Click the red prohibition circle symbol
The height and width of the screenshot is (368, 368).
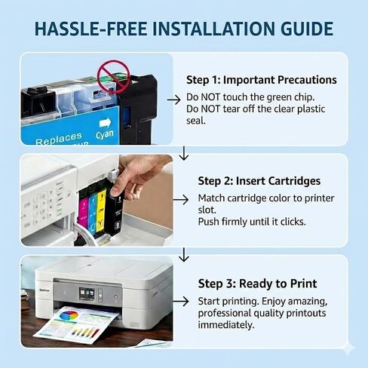(114, 76)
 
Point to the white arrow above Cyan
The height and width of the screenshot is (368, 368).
(105, 123)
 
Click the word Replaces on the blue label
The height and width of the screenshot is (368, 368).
(59, 139)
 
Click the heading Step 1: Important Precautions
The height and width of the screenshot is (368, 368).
(262, 80)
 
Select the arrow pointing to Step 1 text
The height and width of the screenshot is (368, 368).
(173, 100)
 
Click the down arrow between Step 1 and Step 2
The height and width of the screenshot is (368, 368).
(184, 153)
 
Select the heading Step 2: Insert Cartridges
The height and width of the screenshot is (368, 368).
(259, 181)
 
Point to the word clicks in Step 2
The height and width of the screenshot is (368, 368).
(293, 222)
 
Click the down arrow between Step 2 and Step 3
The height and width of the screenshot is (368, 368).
(184, 255)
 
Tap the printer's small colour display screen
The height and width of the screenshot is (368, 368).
(87, 293)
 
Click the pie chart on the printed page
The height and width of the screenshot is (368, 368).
(69, 315)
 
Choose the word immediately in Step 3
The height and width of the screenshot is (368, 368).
(226, 325)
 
